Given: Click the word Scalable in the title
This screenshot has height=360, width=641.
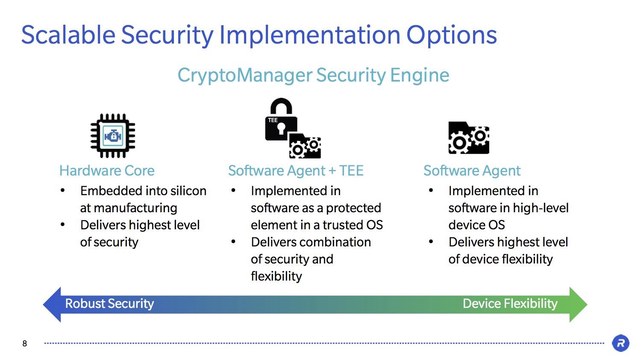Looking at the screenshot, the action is pyautogui.click(x=68, y=35).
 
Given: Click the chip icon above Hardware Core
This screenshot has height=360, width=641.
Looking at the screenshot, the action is pyautogui.click(x=113, y=135).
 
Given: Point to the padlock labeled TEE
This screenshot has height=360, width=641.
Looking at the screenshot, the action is pyautogui.click(x=281, y=120).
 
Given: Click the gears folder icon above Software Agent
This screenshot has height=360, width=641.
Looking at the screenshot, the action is pyautogui.click(x=469, y=138).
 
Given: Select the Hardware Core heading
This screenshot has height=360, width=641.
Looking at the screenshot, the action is pyautogui.click(x=107, y=171).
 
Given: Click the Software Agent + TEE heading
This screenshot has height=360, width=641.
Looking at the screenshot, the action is pyautogui.click(x=296, y=171).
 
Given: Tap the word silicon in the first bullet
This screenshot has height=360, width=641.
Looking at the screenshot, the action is pyautogui.click(x=188, y=191).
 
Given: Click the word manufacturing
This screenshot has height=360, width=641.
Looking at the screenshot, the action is pyautogui.click(x=135, y=208).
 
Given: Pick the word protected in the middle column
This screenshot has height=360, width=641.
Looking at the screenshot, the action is pyautogui.click(x=353, y=208).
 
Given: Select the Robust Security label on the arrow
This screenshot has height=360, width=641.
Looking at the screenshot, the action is pyautogui.click(x=109, y=304).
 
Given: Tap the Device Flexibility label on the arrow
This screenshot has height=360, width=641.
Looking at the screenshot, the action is pyautogui.click(x=510, y=304).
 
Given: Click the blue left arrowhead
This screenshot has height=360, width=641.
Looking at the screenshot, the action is pyautogui.click(x=52, y=304).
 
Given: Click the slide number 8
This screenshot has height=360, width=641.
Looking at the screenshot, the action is pyautogui.click(x=25, y=343).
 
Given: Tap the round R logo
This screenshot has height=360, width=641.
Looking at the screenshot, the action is pyautogui.click(x=620, y=343).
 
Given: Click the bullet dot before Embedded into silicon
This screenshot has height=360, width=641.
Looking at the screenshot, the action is pyautogui.click(x=63, y=191).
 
